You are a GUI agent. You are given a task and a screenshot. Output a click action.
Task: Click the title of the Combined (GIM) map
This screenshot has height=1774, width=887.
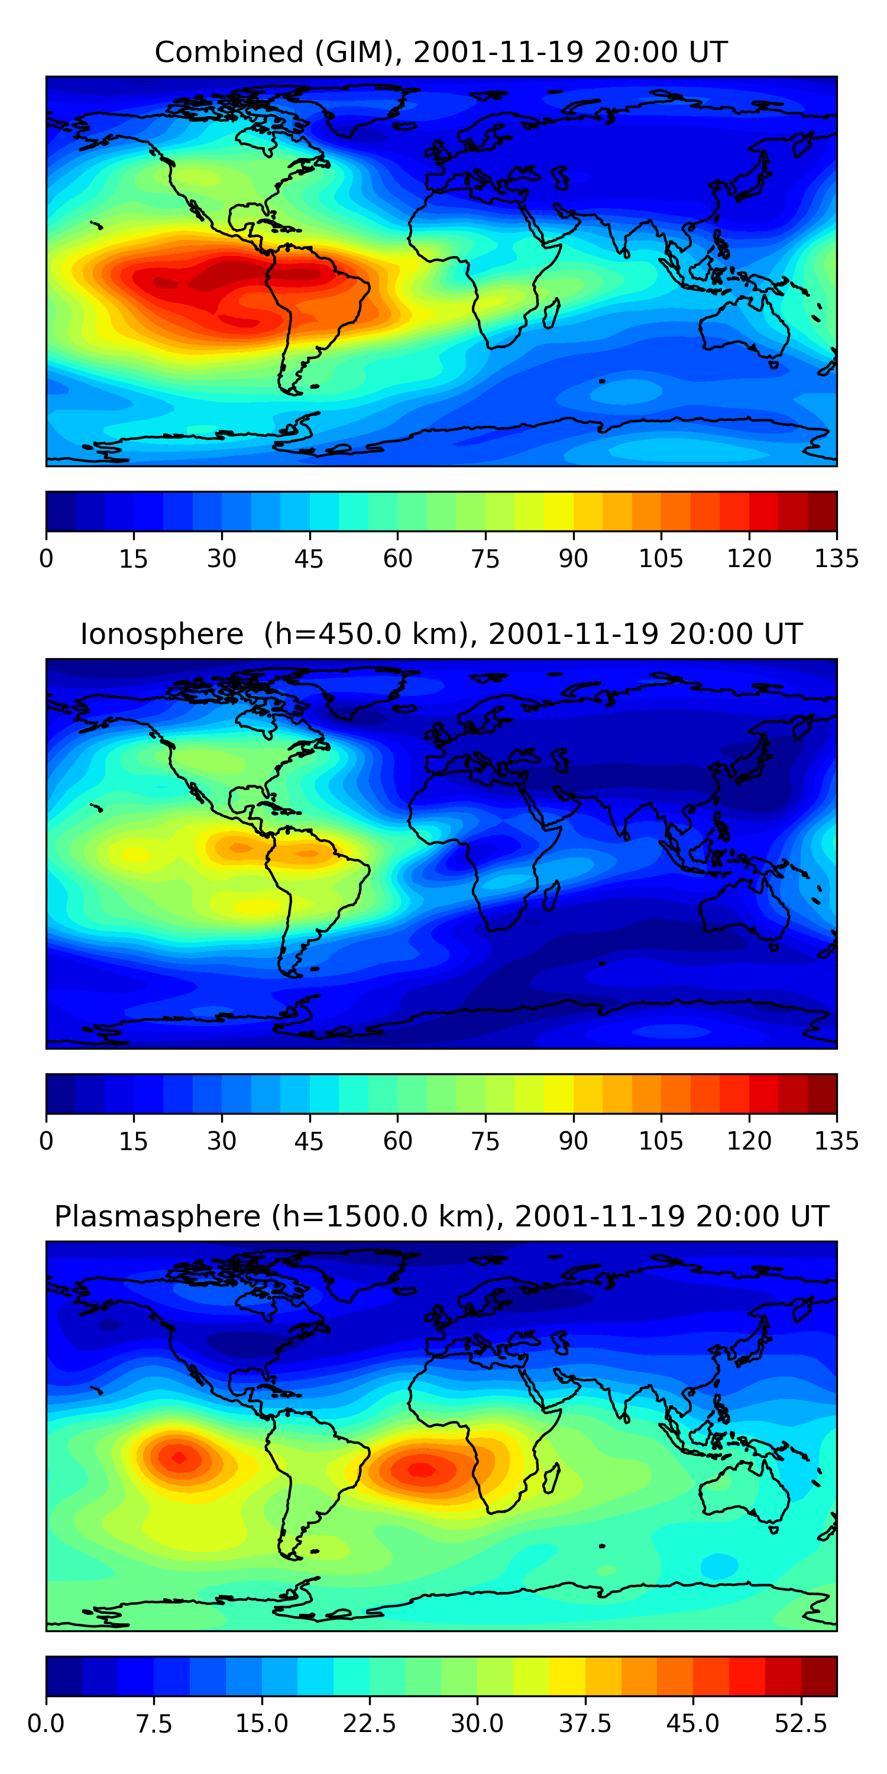coord(441,53)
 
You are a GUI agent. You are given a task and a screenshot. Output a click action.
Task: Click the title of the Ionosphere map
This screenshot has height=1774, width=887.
coord(441,635)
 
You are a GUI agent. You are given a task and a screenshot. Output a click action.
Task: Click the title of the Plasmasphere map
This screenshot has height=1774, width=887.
coord(441,1216)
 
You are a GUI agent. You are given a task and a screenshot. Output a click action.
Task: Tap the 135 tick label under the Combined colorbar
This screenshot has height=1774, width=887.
coord(836,558)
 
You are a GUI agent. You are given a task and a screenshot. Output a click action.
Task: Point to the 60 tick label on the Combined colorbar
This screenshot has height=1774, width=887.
coord(397,558)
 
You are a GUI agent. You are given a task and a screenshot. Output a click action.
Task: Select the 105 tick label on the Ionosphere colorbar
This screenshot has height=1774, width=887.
coord(661,1141)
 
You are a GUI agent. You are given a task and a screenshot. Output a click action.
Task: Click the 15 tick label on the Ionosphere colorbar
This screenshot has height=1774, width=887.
coord(133,1141)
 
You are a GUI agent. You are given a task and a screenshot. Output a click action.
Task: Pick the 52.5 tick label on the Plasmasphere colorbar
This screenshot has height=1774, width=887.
coord(800,1723)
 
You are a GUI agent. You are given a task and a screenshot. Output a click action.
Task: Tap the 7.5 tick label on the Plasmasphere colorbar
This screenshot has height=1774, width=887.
coord(154,1723)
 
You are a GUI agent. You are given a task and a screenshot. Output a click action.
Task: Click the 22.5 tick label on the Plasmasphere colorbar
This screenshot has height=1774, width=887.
coord(369,1723)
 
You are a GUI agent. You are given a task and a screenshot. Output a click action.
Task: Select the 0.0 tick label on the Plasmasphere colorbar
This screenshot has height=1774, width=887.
coord(46,1723)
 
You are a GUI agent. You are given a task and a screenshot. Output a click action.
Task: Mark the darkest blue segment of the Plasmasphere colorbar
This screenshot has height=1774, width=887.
coord(64,1675)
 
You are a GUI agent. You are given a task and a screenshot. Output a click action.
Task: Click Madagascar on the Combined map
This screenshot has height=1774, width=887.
coord(552,313)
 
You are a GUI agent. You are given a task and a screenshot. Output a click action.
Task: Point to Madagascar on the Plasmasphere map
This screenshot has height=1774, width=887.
coord(552,1478)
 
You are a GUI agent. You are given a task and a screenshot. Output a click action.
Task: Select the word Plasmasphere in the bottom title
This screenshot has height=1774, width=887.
coord(157,1217)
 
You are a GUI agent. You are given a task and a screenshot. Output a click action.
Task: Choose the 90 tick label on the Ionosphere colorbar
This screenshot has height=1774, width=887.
coord(573,1141)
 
